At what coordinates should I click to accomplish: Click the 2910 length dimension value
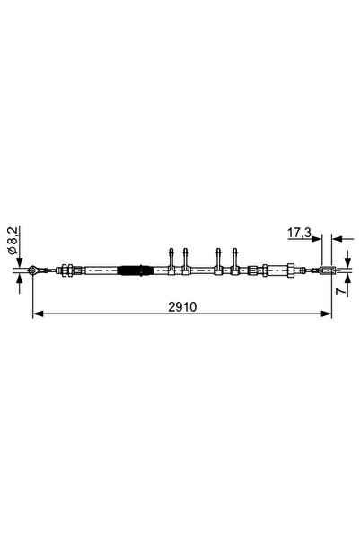(182, 306)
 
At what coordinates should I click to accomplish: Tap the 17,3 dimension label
(299, 233)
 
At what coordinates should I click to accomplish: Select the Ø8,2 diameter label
(13, 241)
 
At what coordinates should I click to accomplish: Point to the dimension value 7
(341, 291)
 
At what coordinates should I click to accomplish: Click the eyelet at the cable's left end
(33, 270)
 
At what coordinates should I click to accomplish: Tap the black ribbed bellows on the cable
(135, 270)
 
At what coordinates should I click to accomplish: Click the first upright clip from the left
(171, 261)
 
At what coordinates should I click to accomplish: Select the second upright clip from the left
(186, 261)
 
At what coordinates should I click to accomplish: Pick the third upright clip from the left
(218, 261)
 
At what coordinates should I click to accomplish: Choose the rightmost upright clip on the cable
(235, 261)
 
